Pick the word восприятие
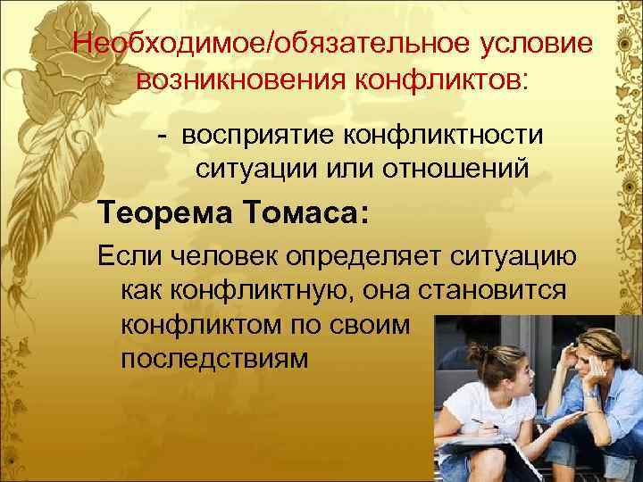click(259, 135)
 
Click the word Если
click(127, 256)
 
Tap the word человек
click(224, 256)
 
